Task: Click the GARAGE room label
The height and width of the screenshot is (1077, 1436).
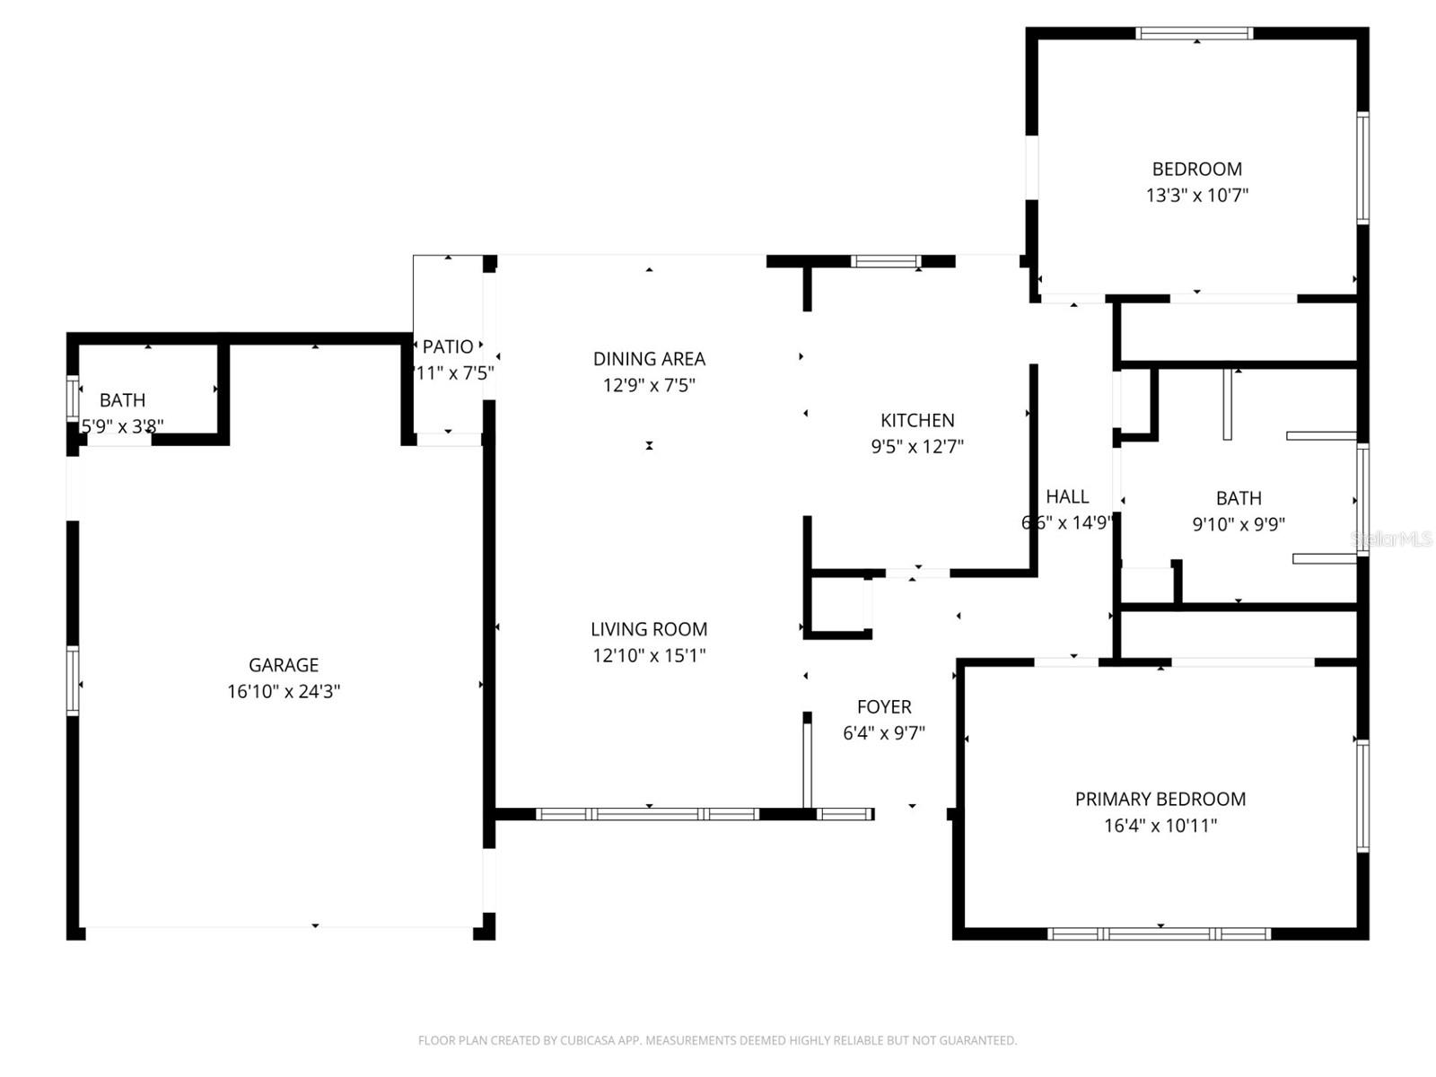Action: (284, 665)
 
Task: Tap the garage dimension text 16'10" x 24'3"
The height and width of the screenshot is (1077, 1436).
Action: (284, 691)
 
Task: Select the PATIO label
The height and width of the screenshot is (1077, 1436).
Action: (448, 346)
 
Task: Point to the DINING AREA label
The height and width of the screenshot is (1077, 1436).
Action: (649, 359)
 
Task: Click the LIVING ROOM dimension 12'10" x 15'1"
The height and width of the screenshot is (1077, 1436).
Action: (649, 655)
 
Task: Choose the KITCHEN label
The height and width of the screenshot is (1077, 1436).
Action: (917, 420)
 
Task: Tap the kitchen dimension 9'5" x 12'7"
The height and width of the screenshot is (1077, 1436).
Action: (917, 446)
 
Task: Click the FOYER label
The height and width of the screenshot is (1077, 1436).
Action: (884, 707)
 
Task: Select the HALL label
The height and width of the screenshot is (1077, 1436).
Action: (1067, 496)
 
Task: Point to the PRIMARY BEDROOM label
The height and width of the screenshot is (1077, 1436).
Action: (1160, 799)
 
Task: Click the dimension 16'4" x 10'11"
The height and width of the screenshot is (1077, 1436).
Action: (1160, 826)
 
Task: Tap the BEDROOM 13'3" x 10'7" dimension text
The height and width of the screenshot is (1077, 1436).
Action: (1197, 195)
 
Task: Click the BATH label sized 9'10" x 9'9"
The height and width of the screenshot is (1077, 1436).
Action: (1239, 498)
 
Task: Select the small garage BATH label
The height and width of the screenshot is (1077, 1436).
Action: (122, 400)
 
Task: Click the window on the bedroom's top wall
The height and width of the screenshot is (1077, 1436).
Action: (1194, 34)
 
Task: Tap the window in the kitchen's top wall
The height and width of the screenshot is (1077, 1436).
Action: (886, 261)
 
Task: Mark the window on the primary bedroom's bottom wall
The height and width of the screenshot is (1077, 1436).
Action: (1160, 933)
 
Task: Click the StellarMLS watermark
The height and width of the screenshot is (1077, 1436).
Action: (1391, 538)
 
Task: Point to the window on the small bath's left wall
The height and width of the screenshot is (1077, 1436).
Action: (73, 398)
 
